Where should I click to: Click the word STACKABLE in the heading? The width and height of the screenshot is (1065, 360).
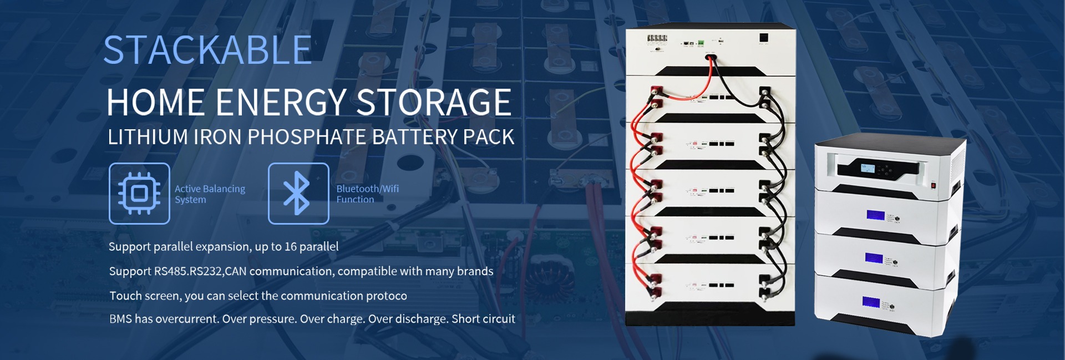(x=207, y=50)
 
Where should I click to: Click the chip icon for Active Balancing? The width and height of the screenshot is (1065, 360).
(x=139, y=194)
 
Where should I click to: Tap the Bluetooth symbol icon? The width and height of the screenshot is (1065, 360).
(x=298, y=194)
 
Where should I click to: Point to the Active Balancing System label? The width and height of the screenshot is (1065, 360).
(x=210, y=194)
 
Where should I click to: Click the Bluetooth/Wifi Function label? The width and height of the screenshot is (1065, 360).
(x=367, y=194)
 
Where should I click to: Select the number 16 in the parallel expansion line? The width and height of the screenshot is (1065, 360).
(x=291, y=247)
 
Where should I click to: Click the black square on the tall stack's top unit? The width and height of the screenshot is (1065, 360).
(x=764, y=38)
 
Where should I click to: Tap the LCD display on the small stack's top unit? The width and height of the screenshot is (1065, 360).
(x=868, y=168)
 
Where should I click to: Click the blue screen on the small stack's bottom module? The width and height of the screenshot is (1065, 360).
(x=871, y=303)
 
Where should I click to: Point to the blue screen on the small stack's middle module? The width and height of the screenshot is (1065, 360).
(x=874, y=258)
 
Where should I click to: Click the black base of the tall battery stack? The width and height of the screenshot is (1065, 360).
(x=710, y=319)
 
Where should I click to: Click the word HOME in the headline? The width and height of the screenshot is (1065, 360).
(x=156, y=103)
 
